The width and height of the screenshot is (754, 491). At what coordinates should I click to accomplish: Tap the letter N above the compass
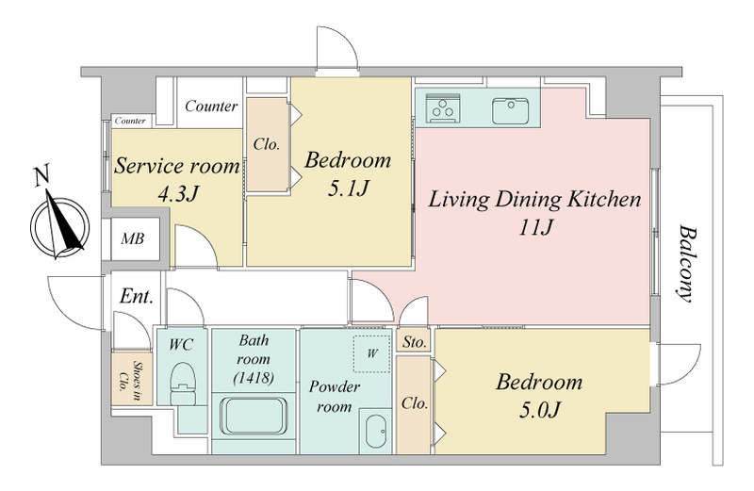click(x=42, y=175)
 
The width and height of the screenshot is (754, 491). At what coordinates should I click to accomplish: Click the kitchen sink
click(x=510, y=110)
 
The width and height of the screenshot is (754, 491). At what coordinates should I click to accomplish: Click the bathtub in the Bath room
click(x=254, y=416)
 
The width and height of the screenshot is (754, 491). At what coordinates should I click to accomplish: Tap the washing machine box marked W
click(x=371, y=353)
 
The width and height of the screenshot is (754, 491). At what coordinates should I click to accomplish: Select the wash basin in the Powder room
click(x=375, y=431)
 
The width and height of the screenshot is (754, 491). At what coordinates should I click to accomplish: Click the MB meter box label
click(x=132, y=238)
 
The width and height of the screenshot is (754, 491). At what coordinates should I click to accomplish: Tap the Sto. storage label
click(x=414, y=342)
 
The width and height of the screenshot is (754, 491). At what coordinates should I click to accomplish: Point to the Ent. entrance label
click(x=137, y=296)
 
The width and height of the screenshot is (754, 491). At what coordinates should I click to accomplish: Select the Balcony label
click(x=686, y=263)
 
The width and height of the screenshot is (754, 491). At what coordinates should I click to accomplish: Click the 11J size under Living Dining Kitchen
click(x=535, y=226)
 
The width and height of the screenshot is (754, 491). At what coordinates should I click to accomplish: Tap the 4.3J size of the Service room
click(x=178, y=193)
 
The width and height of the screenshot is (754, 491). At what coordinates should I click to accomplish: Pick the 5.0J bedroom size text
click(x=540, y=410)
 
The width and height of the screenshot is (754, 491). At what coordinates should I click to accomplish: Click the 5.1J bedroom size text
click(x=348, y=188)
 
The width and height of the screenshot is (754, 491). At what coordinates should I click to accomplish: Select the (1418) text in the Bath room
click(x=254, y=378)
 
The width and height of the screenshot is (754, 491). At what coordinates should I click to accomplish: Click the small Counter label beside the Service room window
click(x=130, y=121)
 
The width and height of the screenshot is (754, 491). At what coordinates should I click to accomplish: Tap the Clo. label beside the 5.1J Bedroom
click(x=267, y=144)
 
